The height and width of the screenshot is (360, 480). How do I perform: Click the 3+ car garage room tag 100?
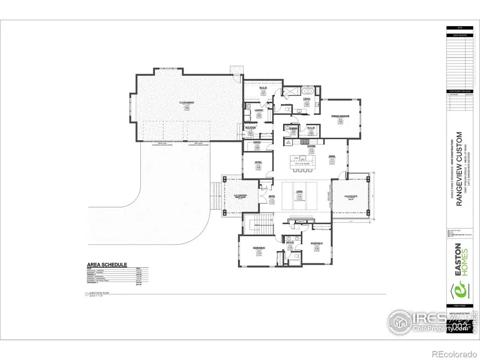point(187,107)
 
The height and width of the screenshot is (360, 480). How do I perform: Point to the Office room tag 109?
point(258,167)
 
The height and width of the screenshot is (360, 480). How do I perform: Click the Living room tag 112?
point(300,197)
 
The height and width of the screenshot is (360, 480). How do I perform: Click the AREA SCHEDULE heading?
point(107,265)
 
